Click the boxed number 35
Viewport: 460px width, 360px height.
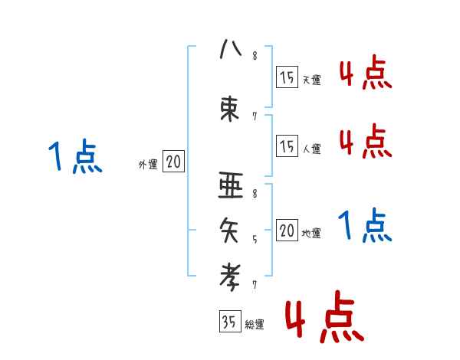229,322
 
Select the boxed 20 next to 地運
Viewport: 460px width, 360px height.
287,231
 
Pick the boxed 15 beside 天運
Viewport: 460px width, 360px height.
287,77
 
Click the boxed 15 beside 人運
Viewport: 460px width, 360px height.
287,146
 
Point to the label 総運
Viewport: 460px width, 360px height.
255,325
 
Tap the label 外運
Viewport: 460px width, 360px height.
148,164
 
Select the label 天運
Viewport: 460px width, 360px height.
311,80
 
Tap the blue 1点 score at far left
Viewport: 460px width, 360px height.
75,157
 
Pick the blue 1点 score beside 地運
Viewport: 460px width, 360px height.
365,226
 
